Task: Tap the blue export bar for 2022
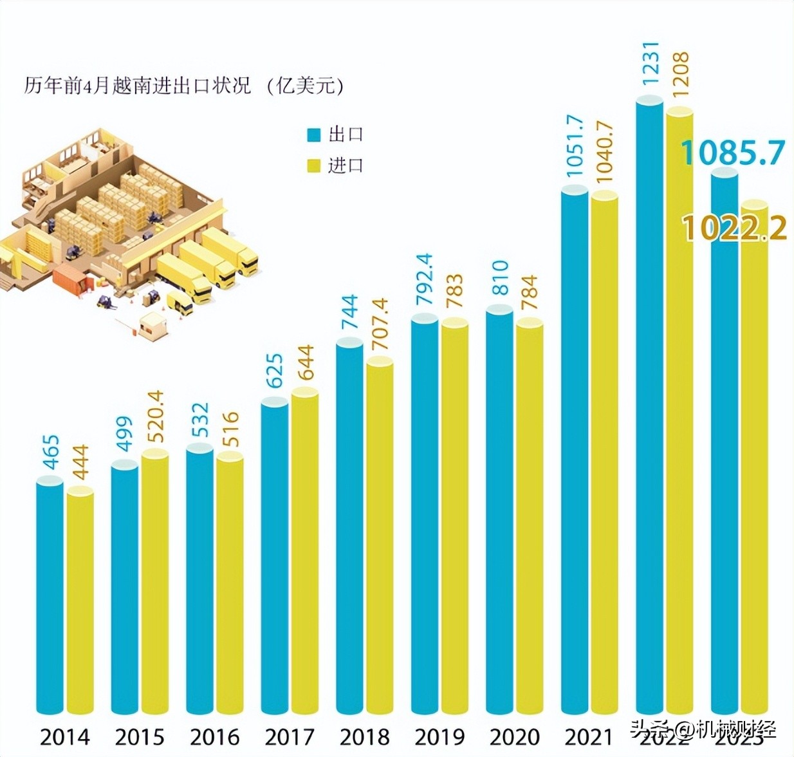click(649, 406)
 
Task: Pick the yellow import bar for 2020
click(530, 515)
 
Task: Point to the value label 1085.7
click(733, 153)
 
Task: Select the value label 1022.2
click(734, 229)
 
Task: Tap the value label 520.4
click(155, 416)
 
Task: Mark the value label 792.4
click(425, 281)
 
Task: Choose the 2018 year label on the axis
click(364, 736)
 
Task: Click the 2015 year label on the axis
click(140, 736)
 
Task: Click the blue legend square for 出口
click(313, 135)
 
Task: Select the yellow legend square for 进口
click(313, 166)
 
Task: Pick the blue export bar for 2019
click(425, 515)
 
